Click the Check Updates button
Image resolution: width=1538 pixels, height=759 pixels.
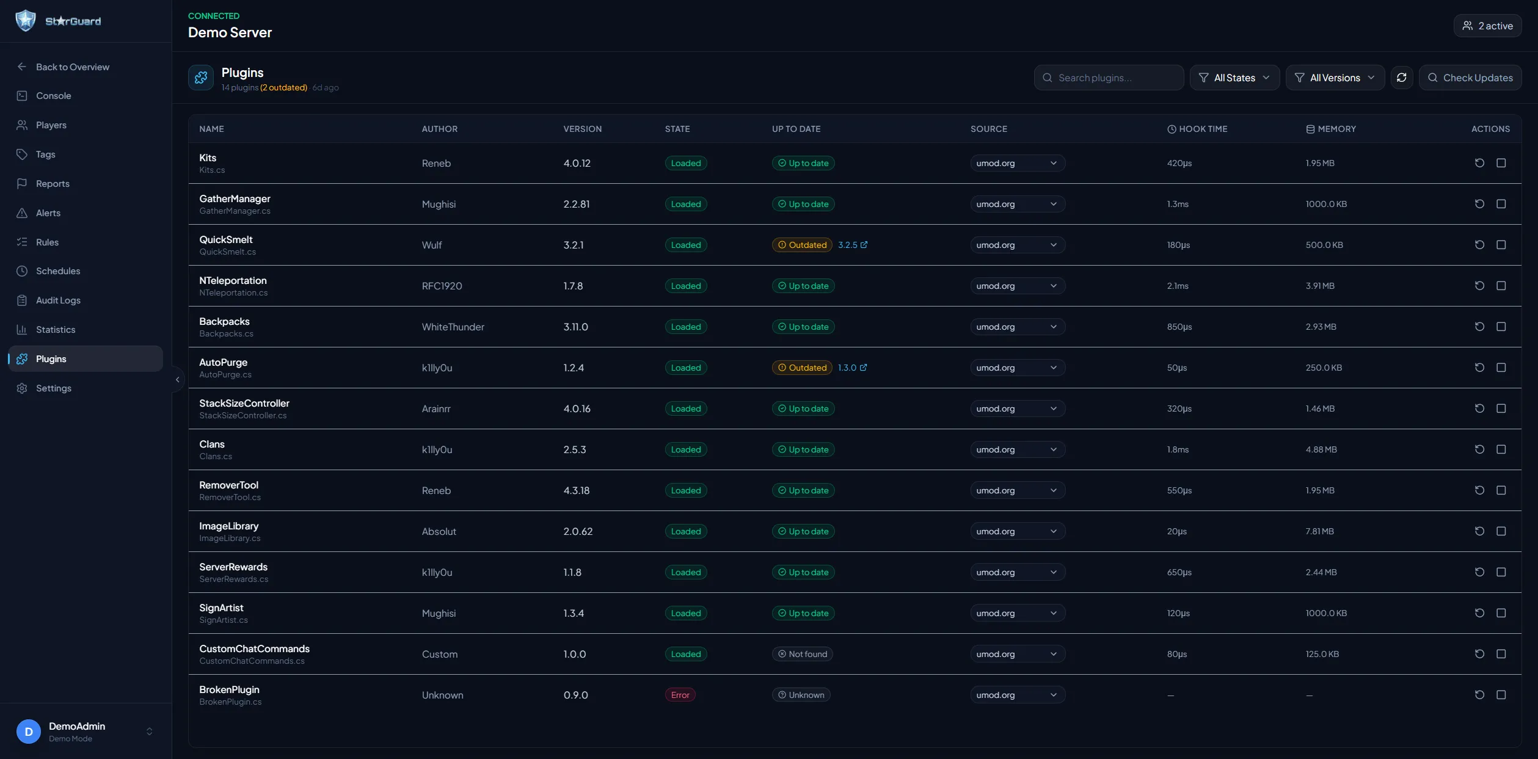click(1470, 78)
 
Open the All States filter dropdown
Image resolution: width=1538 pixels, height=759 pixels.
click(1234, 78)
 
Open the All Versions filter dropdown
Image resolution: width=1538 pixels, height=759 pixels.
click(1335, 78)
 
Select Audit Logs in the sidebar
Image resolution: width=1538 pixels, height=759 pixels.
click(58, 300)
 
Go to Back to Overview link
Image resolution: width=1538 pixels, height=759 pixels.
click(72, 67)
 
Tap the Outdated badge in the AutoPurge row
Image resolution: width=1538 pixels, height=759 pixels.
click(801, 368)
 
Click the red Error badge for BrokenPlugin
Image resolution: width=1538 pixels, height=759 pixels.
click(680, 695)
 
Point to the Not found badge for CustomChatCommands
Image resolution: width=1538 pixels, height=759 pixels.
click(802, 654)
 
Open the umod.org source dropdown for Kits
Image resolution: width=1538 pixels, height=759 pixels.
click(1017, 163)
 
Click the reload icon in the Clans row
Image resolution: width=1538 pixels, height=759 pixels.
click(1479, 449)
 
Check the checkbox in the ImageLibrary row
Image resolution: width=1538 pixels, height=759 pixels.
click(1501, 531)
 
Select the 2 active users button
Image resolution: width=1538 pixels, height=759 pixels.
click(1487, 26)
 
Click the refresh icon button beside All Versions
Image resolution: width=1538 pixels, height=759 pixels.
click(1402, 78)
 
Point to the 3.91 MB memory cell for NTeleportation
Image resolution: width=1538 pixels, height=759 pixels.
click(1320, 286)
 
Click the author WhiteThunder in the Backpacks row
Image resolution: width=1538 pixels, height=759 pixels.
click(453, 327)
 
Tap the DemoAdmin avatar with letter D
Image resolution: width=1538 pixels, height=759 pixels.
click(29, 732)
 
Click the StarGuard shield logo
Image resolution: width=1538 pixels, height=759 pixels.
click(26, 21)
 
